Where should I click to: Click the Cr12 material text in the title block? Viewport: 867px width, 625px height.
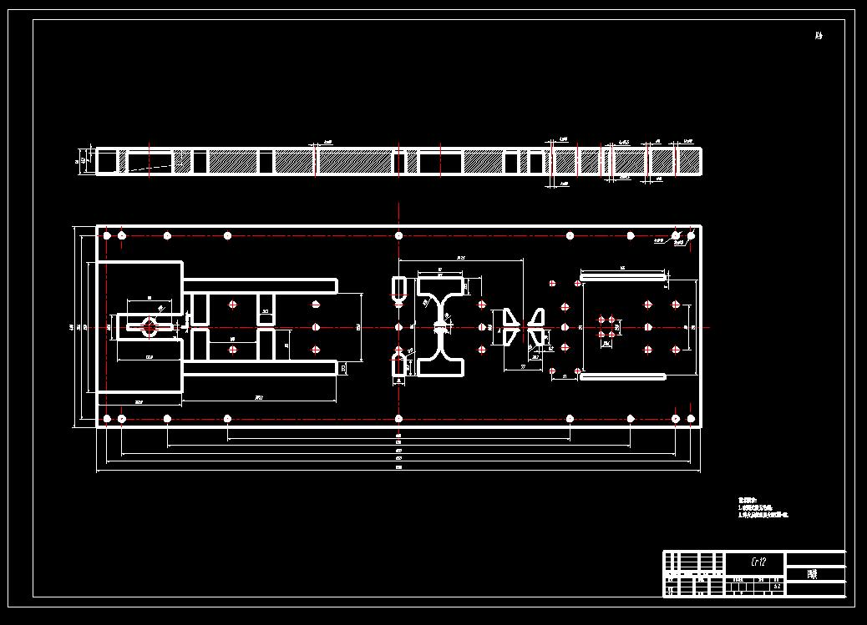(758, 562)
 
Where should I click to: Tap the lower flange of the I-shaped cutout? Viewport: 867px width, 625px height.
(441, 366)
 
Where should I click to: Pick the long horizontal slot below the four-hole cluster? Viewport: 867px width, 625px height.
(623, 376)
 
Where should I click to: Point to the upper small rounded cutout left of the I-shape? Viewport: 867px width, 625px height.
(398, 288)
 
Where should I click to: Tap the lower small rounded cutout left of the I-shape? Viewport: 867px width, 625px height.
(398, 364)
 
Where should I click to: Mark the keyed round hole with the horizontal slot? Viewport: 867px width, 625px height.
(150, 326)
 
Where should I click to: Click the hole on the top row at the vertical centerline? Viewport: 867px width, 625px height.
(398, 235)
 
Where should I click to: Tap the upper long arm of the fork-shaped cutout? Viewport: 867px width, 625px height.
(260, 285)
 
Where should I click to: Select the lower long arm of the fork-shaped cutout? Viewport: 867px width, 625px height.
(260, 368)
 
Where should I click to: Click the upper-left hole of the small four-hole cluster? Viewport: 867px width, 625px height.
(602, 319)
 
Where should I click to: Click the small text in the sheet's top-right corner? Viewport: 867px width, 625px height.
(819, 36)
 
